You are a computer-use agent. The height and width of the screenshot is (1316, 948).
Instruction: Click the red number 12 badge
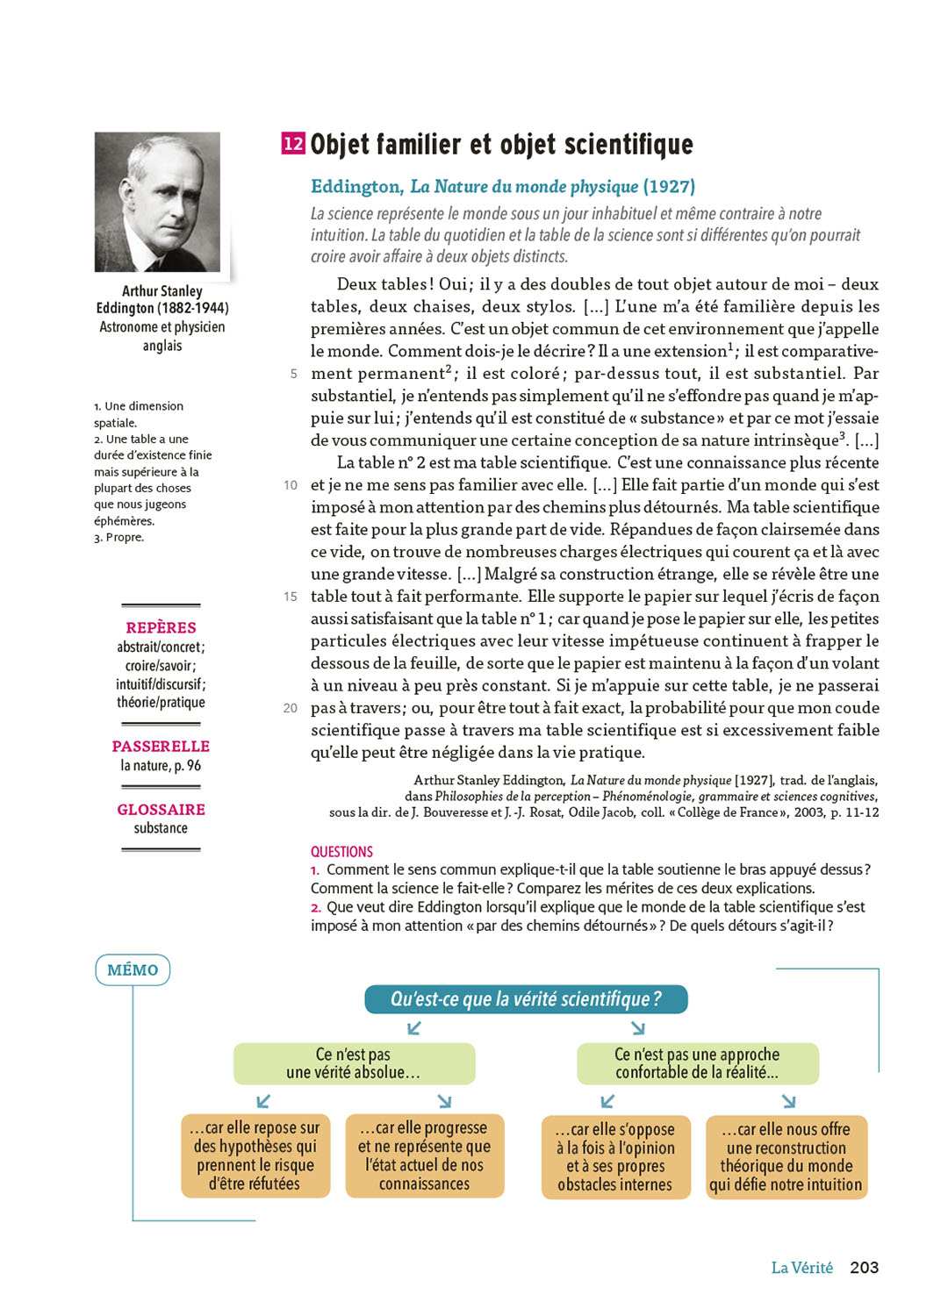point(293,143)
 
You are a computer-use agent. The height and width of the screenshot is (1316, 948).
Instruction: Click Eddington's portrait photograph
point(157,202)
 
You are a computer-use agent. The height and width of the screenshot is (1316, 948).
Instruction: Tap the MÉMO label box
point(133,969)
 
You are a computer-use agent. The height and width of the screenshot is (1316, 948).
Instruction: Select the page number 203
point(864,1267)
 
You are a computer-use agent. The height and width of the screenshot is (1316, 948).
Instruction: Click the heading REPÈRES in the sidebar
point(161,627)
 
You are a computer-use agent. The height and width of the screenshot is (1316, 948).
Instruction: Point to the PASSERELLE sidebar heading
point(161,746)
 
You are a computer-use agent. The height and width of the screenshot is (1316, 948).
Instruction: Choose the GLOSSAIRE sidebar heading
point(161,809)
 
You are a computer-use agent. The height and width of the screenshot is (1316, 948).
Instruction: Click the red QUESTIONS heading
point(341,851)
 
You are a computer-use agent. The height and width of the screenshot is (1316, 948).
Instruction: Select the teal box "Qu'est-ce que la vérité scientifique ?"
point(526,998)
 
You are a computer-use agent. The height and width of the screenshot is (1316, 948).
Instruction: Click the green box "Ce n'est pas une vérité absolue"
point(354,1063)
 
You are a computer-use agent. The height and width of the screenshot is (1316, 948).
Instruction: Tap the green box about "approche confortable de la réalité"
point(697,1063)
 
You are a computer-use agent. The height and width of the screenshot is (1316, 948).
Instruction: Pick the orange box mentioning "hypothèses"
point(255,1155)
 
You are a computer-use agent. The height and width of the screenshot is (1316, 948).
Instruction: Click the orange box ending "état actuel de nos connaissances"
point(425,1155)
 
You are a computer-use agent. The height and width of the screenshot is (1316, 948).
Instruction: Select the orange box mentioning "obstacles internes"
point(615,1156)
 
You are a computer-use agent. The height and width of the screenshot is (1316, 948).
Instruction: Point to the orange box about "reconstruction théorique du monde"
point(786,1156)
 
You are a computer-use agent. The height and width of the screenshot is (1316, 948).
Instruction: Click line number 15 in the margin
point(291,597)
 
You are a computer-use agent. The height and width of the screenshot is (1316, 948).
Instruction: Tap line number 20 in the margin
point(291,708)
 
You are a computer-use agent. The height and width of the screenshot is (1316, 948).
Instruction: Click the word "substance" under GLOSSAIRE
point(161,828)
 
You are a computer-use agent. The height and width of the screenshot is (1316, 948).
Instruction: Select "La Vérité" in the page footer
point(801,1268)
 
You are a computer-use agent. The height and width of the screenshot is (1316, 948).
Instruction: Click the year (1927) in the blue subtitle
point(669,186)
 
